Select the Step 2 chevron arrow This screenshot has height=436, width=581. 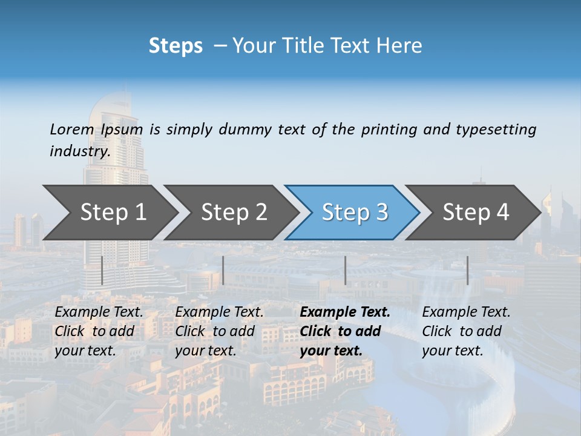pos(234,212)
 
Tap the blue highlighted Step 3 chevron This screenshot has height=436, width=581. pos(355,212)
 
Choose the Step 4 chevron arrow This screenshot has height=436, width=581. pos(476,212)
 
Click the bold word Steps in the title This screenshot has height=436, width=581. pos(176,46)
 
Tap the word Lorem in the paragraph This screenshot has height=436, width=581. pos(72,130)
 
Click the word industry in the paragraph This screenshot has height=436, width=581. pos(79,151)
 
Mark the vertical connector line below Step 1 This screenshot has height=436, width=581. pos(102,270)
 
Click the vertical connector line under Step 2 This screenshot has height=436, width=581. pos(223,270)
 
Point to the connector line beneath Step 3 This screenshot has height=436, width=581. pos(345,270)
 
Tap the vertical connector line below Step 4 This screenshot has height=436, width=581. pos(467,270)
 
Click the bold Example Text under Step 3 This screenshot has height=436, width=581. pos(345,312)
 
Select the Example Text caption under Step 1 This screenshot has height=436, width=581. pos(99,312)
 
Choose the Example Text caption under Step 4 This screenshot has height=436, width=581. pos(466,312)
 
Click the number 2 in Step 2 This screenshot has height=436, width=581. pos(260,212)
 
